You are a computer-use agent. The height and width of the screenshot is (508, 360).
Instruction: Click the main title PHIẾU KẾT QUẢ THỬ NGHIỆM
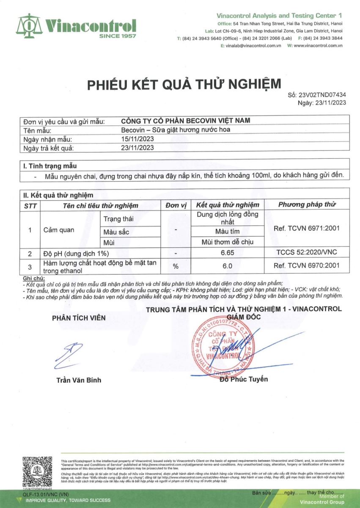[184, 84]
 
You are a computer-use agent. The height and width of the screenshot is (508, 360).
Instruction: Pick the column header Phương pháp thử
[307, 205]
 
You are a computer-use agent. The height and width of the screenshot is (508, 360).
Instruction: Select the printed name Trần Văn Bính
[79, 380]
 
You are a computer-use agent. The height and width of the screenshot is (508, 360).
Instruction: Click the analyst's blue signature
[69, 355]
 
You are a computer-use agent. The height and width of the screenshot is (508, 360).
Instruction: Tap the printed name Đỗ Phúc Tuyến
[244, 379]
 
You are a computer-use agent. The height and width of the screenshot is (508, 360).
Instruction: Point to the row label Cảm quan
[59, 230]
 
